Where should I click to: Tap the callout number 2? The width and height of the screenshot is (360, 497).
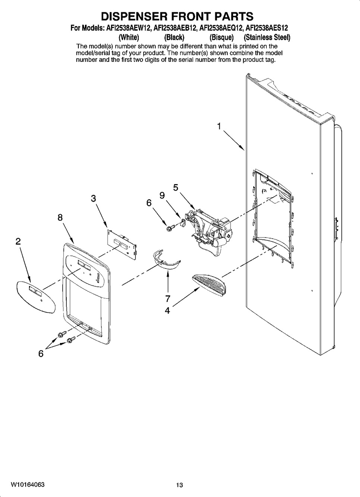click(x=18, y=242)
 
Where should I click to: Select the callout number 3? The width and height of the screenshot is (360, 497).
click(x=94, y=199)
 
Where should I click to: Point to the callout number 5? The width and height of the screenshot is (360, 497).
click(x=175, y=188)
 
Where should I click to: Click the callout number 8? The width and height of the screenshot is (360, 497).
click(x=60, y=218)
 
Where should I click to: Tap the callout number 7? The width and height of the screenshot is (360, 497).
click(x=168, y=298)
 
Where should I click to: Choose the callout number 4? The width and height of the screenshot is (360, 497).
click(x=168, y=310)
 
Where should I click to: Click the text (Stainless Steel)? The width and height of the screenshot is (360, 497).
click(x=267, y=37)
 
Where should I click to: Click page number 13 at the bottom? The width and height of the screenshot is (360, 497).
click(x=180, y=485)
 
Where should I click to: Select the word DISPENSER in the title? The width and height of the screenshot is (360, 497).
click(x=135, y=16)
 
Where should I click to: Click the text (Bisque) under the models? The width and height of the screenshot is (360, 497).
click(x=222, y=37)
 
